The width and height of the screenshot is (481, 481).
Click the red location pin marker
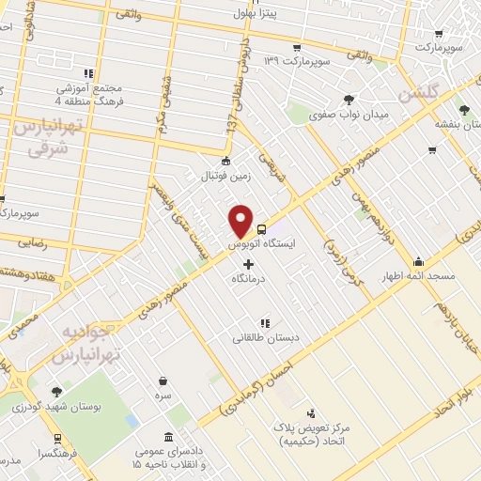click(241, 221)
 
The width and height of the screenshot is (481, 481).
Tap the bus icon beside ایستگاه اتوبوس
click(262, 228)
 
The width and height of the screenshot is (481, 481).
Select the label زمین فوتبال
click(224, 174)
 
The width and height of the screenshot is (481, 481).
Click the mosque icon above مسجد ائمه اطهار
click(419, 261)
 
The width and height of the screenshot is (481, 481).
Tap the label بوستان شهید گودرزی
click(46, 406)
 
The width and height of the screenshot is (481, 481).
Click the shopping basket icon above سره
click(164, 380)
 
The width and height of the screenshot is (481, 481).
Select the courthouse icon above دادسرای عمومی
click(168, 438)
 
